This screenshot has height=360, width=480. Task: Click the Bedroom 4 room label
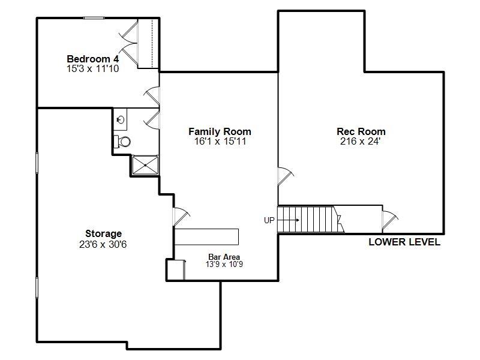(92, 59)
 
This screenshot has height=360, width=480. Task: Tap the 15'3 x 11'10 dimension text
(92, 69)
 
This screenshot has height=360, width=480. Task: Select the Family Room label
(220, 131)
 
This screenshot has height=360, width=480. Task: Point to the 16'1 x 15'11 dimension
(220, 142)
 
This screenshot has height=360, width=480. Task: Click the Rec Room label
(361, 131)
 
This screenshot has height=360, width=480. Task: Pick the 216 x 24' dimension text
(361, 142)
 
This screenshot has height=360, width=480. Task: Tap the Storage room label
(103, 233)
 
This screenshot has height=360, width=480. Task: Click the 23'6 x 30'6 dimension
(103, 244)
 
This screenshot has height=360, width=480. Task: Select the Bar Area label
(224, 257)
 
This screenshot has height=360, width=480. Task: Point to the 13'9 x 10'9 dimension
(224, 264)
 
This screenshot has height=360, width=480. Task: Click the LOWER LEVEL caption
(404, 242)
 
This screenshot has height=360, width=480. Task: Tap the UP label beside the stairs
(269, 220)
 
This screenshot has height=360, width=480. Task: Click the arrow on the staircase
(290, 220)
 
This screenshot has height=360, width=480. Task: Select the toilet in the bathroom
(123, 142)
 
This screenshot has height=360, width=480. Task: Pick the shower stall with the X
(145, 164)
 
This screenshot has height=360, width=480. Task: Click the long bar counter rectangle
(206, 236)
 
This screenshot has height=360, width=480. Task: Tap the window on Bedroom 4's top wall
(94, 18)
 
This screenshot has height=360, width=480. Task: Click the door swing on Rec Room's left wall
(285, 175)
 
